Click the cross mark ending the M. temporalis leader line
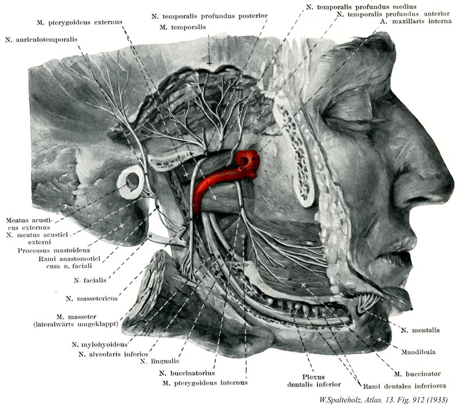point(209,63)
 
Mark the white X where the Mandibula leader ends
point(379,340)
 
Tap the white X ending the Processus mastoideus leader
point(121,225)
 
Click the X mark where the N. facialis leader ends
point(150,236)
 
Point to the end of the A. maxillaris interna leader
point(253,158)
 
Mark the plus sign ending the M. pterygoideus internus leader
point(242,236)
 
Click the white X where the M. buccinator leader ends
point(303,285)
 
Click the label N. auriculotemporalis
point(41,40)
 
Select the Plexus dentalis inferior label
point(314,380)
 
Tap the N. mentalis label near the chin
point(420,330)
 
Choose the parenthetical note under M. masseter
point(76,324)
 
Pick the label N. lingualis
point(160,361)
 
